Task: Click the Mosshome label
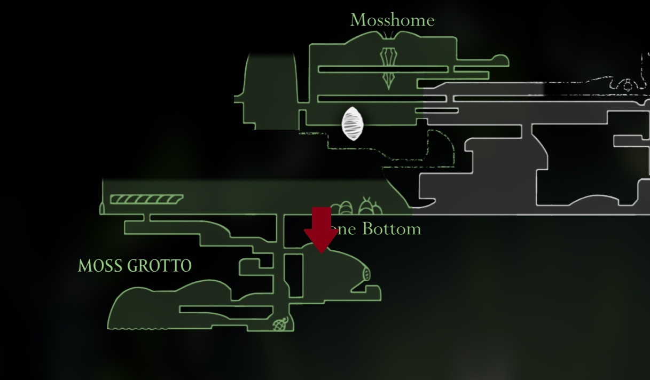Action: pos(392,20)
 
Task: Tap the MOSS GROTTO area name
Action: pos(135,266)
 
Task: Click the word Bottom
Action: pos(391,229)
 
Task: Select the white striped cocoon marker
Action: pos(353,123)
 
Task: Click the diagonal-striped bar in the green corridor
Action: pos(146,199)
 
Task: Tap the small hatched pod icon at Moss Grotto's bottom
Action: pos(280,323)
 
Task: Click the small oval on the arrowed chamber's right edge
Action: pos(366,274)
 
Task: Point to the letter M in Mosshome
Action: pos(357,20)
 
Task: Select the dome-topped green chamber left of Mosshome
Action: pos(270,91)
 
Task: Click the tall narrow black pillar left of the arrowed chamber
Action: pos(294,275)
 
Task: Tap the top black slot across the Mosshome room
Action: pos(383,69)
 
